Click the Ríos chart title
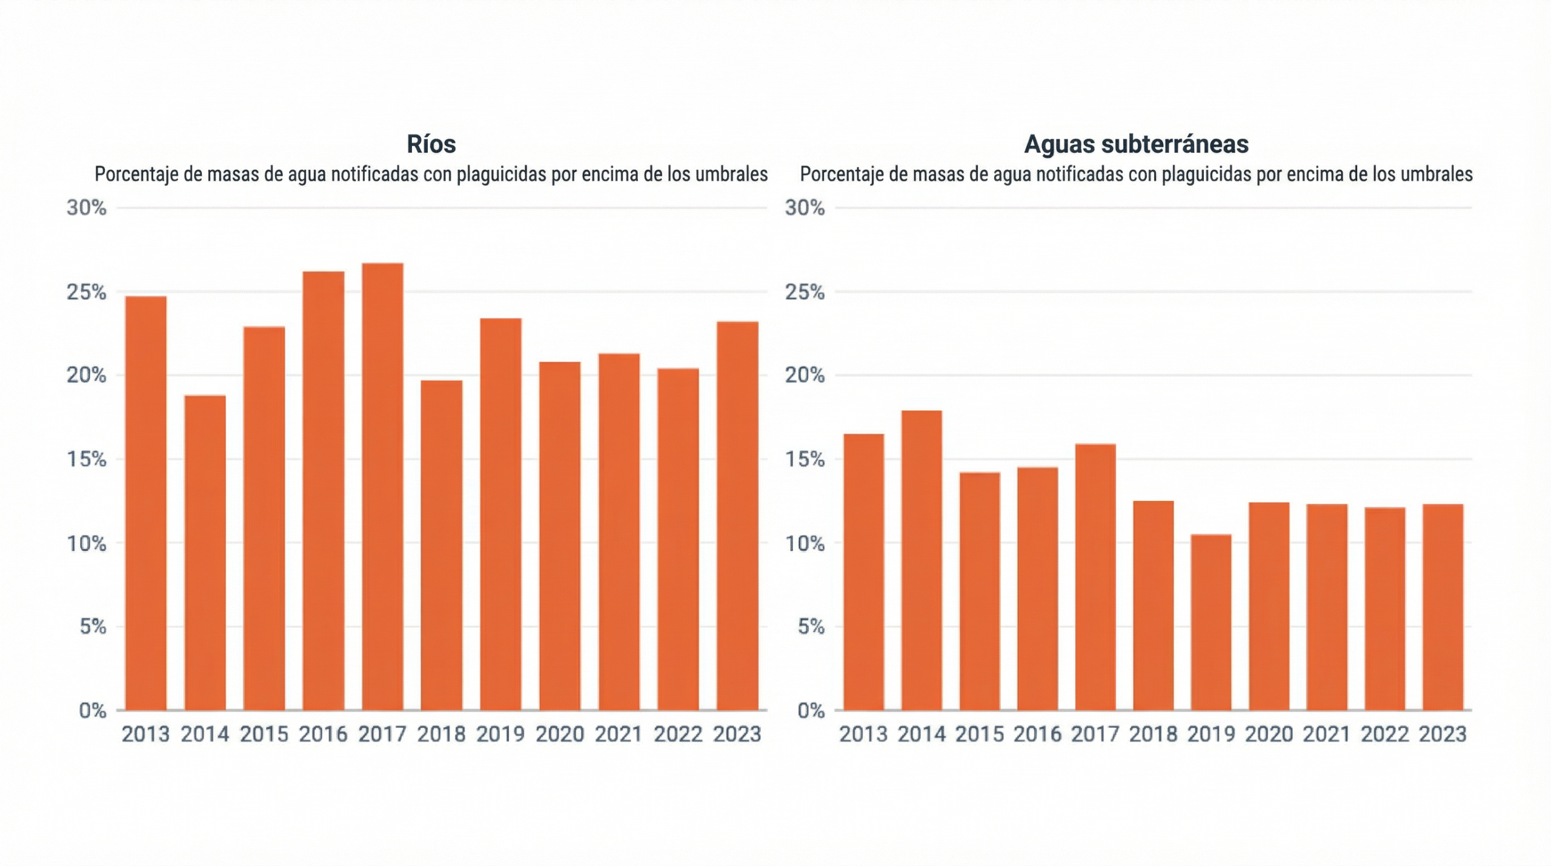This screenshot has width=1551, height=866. pyautogui.click(x=431, y=144)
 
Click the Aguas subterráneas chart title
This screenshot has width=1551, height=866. pyautogui.click(x=1136, y=144)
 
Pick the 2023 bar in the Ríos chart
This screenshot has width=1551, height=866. pyautogui.click(x=737, y=516)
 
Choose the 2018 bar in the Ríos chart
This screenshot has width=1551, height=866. pyautogui.click(x=441, y=545)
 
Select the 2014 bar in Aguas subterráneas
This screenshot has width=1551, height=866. pyautogui.click(x=922, y=561)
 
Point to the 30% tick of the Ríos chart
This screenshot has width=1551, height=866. pyautogui.click(x=87, y=208)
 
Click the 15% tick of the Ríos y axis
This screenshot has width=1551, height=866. pyautogui.click(x=87, y=459)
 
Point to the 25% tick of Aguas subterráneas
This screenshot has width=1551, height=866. pyautogui.click(x=805, y=292)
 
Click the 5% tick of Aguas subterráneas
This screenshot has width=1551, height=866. pyautogui.click(x=811, y=627)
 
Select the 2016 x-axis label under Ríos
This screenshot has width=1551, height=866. pyautogui.click(x=323, y=734)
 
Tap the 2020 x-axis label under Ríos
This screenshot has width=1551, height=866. pyautogui.click(x=559, y=734)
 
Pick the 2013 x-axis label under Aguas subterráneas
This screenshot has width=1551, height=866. pyautogui.click(x=863, y=734)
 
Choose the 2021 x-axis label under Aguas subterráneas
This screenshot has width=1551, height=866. pyautogui.click(x=1327, y=734)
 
